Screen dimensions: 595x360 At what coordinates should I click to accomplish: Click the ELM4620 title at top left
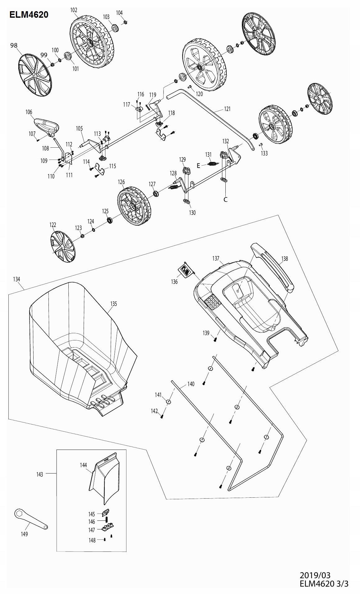[29, 15]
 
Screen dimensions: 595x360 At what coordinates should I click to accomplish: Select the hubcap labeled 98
[34, 73]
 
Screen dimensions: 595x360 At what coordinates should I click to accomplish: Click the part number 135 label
[114, 304]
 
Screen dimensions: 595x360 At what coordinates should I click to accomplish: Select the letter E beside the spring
[198, 166]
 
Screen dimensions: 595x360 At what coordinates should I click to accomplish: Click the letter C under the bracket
[226, 200]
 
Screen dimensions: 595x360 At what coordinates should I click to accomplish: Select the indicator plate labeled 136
[186, 269]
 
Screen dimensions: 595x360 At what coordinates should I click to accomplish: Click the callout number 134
[16, 279]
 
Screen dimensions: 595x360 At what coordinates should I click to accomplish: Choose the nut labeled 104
[124, 22]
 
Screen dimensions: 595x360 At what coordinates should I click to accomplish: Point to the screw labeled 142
[162, 416]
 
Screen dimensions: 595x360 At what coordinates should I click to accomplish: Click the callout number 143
[40, 474]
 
